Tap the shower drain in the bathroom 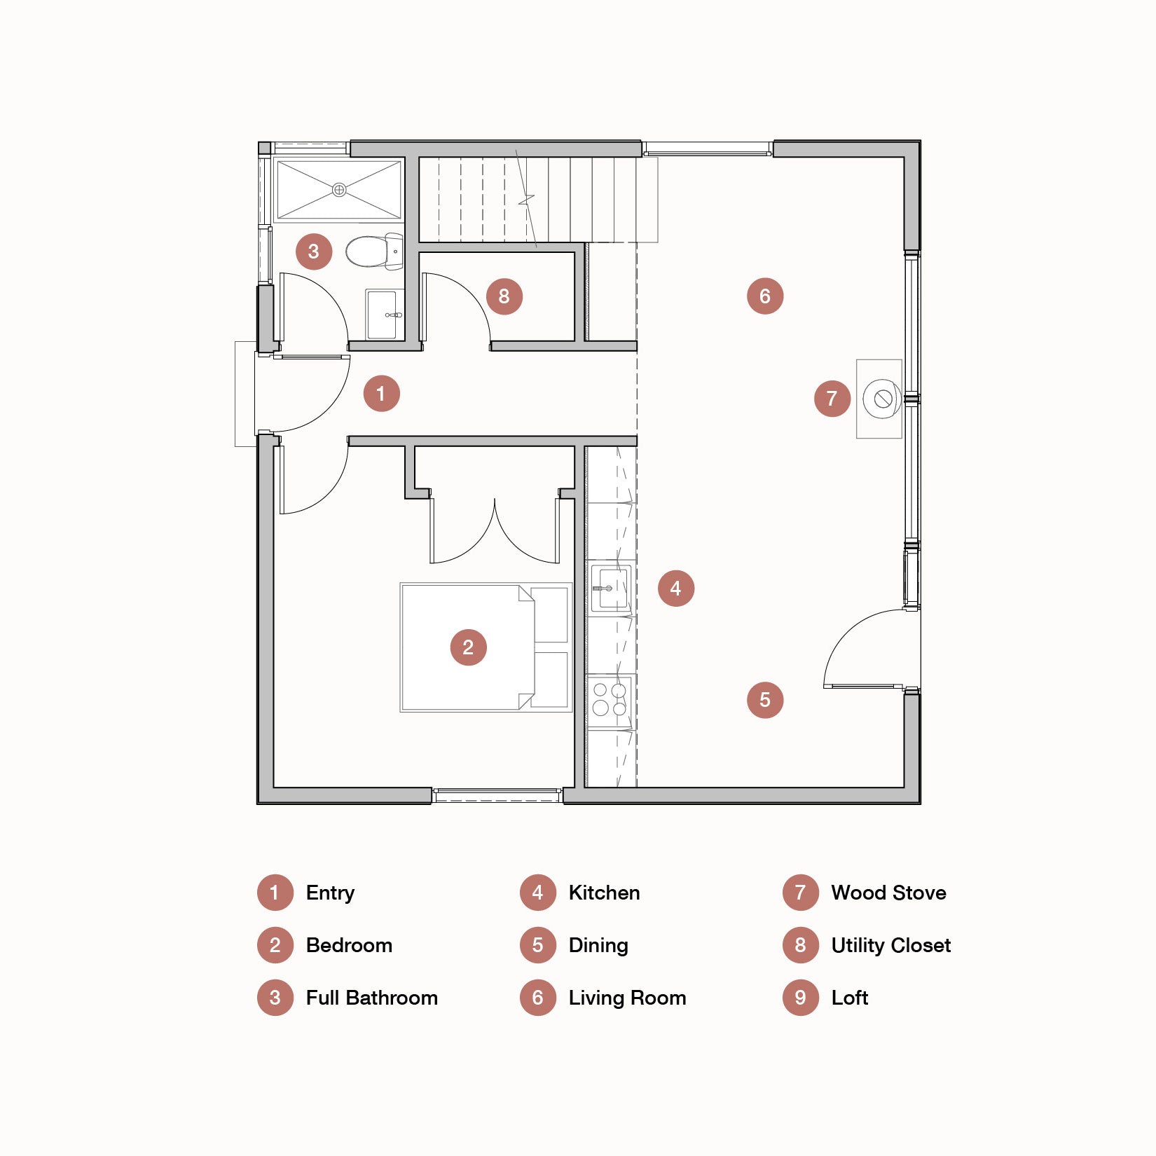(339, 190)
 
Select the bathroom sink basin (384, 315)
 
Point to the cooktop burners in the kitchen (610, 699)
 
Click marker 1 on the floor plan (381, 393)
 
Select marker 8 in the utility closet (504, 296)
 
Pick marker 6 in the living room (764, 296)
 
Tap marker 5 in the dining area (764, 699)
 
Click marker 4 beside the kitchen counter (675, 588)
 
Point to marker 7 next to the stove (832, 399)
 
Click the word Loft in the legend (849, 998)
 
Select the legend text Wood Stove (888, 893)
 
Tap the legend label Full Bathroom (371, 998)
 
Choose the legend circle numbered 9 (800, 998)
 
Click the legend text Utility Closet (890, 945)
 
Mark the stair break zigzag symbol (526, 200)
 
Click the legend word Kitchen (604, 893)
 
